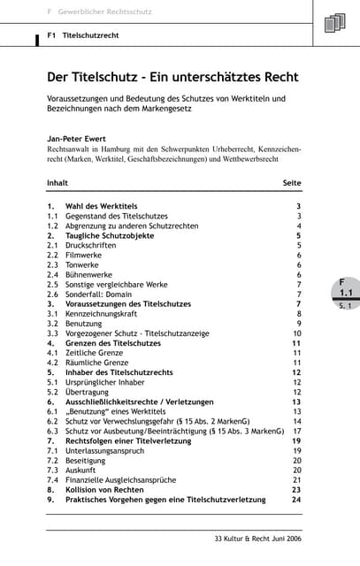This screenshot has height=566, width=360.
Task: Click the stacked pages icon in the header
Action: (336, 22)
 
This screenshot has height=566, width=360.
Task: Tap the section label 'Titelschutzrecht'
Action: (91, 36)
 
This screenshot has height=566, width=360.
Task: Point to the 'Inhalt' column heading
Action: (57, 183)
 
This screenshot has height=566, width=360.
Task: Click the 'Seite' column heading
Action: (291, 183)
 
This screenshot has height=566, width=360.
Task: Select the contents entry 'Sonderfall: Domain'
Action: (100, 294)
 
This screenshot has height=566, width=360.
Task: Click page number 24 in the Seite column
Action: (296, 500)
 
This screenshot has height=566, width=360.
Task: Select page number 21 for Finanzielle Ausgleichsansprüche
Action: (296, 480)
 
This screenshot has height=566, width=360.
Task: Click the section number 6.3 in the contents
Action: (52, 432)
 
